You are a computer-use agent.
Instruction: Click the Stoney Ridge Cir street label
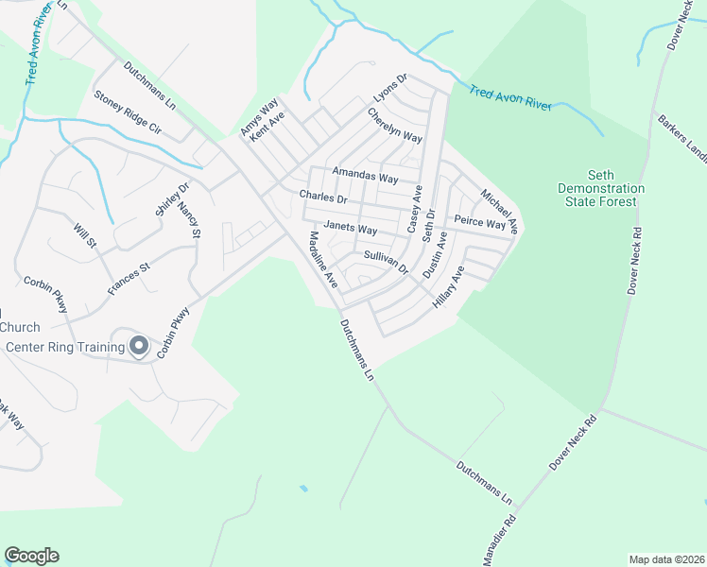tap(128, 112)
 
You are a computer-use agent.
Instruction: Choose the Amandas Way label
tap(365, 177)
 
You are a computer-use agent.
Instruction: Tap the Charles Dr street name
tap(323, 198)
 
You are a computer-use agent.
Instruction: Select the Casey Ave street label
tap(413, 209)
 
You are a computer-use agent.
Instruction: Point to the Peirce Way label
tap(480, 223)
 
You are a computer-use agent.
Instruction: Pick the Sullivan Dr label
tap(385, 262)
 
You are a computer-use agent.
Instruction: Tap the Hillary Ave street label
tap(448, 288)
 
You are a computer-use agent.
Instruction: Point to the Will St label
tap(85, 233)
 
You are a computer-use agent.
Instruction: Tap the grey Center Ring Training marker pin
tap(139, 346)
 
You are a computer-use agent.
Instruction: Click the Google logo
tap(31, 556)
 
